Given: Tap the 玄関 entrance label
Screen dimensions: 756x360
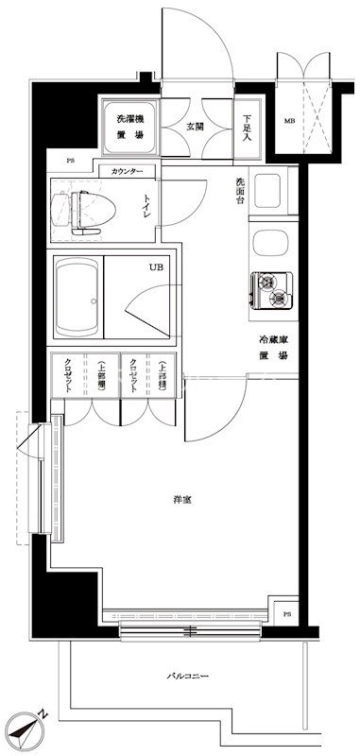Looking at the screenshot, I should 194,127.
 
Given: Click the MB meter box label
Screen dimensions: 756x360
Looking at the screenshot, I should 289,122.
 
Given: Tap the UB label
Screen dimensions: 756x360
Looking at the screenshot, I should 154,267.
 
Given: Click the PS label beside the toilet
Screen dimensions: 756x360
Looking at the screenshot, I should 70,160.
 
